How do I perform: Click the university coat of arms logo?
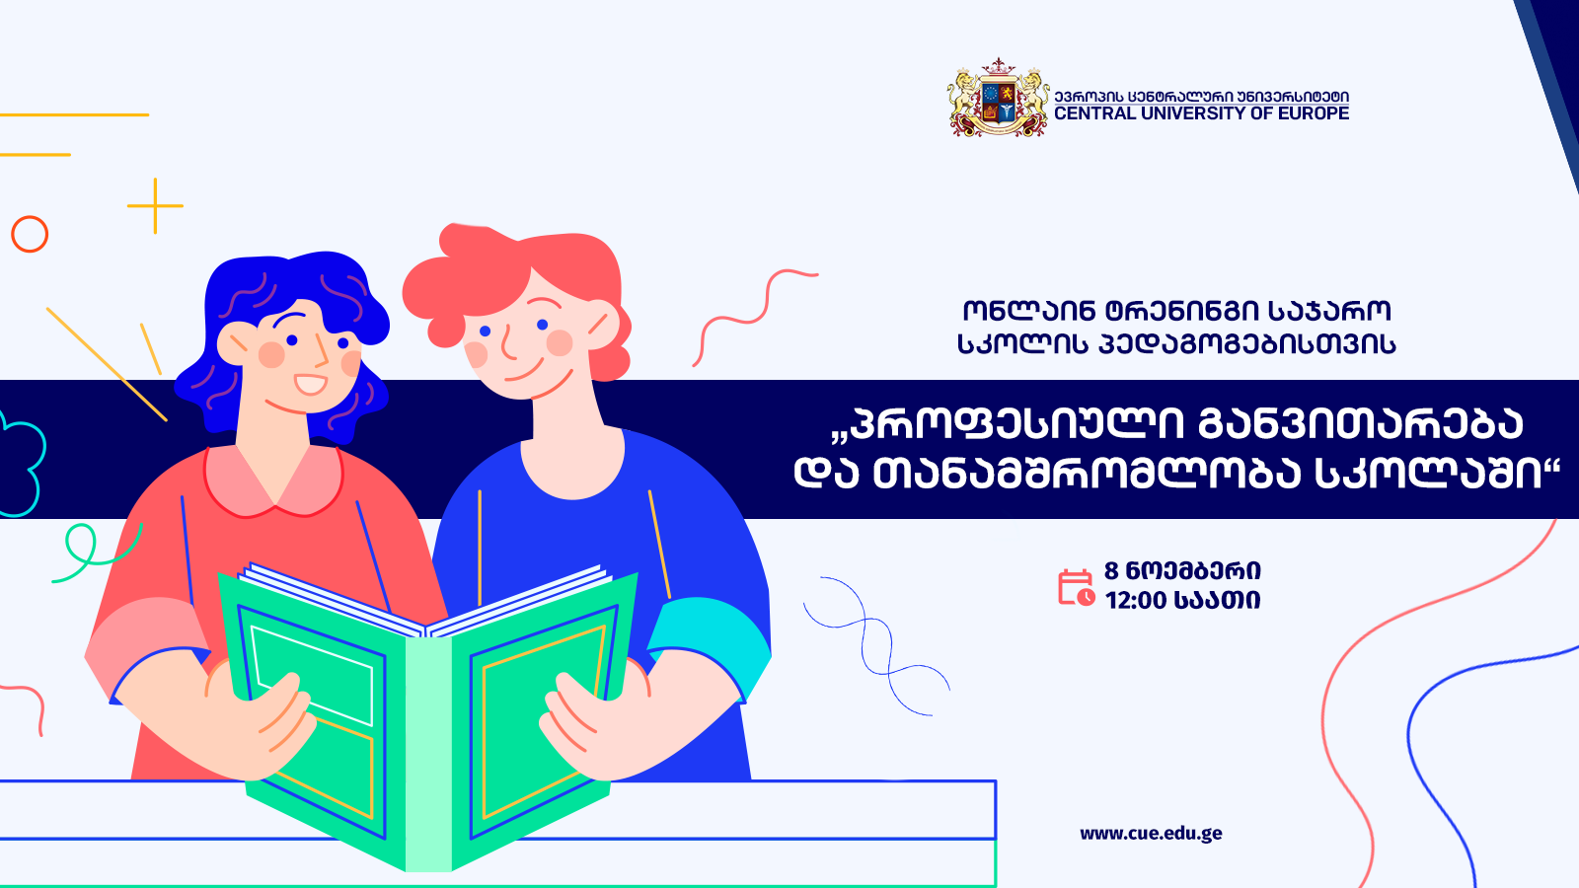coord(998,98)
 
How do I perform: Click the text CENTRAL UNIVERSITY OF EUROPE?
coord(1201,113)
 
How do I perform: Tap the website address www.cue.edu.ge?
coord(1151,834)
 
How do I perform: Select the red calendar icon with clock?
coord(1076,588)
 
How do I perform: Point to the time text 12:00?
coord(1136,601)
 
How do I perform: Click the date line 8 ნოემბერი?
coord(1182,570)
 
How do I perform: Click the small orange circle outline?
coord(30,234)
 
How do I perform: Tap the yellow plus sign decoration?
coord(155,206)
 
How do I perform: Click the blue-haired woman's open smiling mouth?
coord(310,385)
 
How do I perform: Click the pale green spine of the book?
coord(428,754)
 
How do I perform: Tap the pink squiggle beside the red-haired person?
coord(755,318)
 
